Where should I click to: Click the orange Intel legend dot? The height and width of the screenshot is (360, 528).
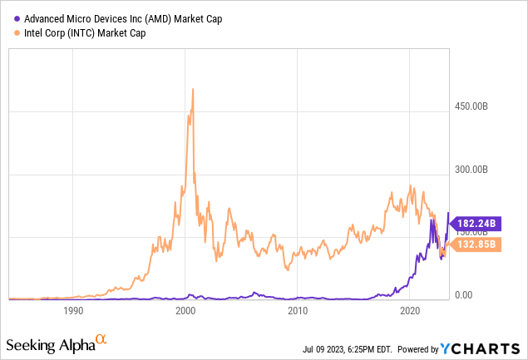(17, 32)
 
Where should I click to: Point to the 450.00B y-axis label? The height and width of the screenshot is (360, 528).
(479, 106)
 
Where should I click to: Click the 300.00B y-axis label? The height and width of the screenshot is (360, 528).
(479, 170)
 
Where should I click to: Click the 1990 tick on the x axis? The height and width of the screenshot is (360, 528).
(73, 312)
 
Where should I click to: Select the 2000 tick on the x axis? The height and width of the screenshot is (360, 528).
(185, 312)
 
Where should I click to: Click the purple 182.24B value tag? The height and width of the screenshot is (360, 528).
(477, 223)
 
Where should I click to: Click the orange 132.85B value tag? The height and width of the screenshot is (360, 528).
(477, 244)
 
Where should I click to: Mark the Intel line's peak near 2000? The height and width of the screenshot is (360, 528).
(193, 89)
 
